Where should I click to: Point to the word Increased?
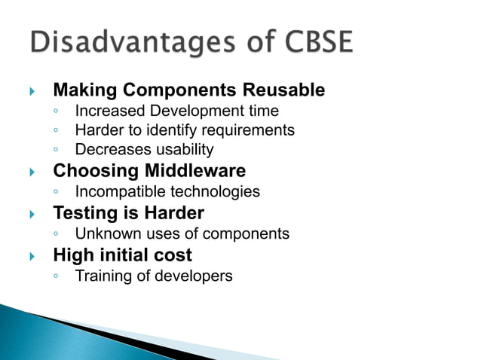pos(106,111)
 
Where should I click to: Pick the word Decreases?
pos(109,150)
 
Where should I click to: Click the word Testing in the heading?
pos(82,213)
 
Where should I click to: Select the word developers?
pos(195,276)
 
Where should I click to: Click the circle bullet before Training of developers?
pos(57,277)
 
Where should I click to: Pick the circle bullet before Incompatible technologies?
pos(57,193)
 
